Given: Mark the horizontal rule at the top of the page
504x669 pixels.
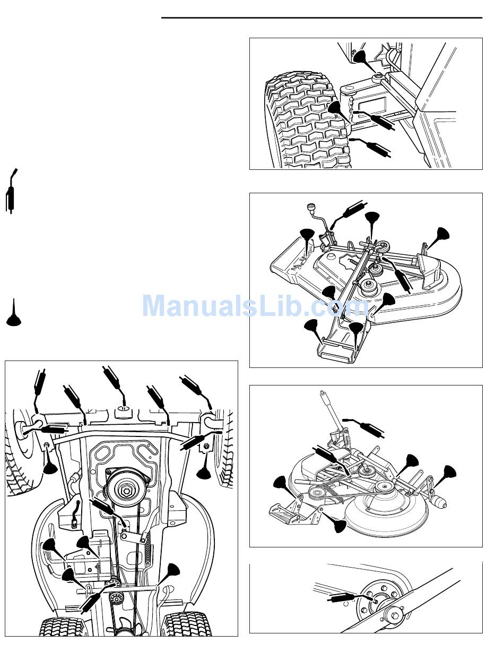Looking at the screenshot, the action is (x=322, y=18).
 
